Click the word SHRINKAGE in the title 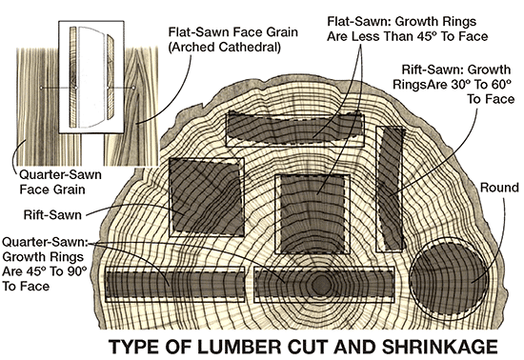pos(440,347)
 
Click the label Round pos(499,188)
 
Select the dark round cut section pos(449,278)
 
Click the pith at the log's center pos(321,285)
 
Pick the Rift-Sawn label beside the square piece pos(52,214)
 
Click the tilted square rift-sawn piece pos(207,196)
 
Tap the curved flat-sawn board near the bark pos(294,129)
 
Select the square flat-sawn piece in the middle pos(312,213)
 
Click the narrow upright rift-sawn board pos(391,189)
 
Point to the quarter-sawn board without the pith pos(175,284)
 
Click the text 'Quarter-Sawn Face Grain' pos(60,182)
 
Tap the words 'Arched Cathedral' pos(224,47)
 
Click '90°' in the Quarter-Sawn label pos(76,271)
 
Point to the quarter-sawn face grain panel pos(49,107)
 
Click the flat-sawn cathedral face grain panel pos(141,107)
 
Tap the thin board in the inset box pos(72,77)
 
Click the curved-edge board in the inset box pos(111,77)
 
